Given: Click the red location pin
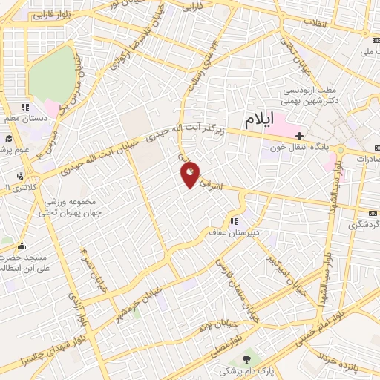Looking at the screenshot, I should (x=191, y=174).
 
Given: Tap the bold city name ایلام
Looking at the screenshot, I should (x=259, y=119).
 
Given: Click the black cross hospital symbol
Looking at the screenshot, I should (x=299, y=136).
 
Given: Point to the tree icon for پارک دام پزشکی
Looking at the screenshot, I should (x=247, y=359).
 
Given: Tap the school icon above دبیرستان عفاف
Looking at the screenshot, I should (x=235, y=221).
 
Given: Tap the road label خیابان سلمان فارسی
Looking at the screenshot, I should (x=232, y=279).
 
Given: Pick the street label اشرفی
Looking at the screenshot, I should (x=223, y=185).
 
